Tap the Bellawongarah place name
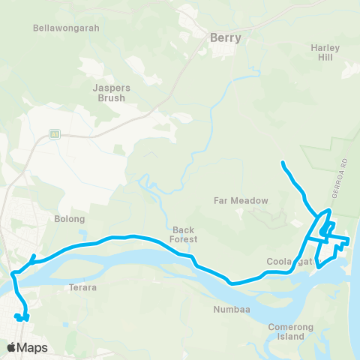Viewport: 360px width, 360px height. (66, 28)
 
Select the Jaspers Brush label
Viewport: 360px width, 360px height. (111, 92)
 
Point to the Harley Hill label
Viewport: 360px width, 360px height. (325, 52)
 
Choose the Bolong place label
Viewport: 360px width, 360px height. (70, 219)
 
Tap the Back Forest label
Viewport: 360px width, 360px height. (184, 235)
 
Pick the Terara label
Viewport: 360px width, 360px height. (83, 287)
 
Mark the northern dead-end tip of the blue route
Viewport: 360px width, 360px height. (282, 162)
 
